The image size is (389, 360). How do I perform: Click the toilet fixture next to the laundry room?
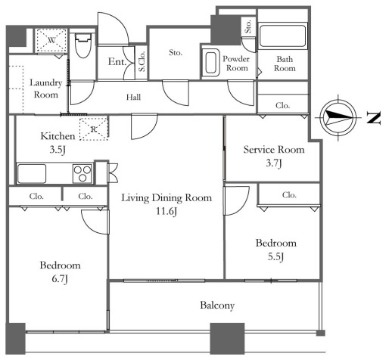(83, 45)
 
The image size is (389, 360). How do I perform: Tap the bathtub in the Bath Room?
(282, 36)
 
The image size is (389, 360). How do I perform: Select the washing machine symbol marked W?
(51, 40)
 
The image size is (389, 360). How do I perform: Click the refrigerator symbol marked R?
(94, 129)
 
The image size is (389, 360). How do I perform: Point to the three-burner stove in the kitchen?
(82, 174)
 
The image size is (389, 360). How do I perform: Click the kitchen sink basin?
(32, 174)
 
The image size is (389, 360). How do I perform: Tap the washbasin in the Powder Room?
(211, 62)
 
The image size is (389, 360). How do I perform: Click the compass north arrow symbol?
(338, 117)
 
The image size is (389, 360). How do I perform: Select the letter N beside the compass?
(373, 118)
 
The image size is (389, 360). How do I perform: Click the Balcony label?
(217, 306)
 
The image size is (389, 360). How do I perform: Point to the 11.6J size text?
(166, 211)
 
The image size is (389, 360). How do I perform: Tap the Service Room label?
(274, 150)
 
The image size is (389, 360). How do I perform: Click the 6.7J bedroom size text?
(60, 279)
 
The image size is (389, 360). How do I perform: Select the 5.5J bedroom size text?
(275, 257)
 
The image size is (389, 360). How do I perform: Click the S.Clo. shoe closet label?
(142, 61)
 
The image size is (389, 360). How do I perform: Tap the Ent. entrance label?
(117, 62)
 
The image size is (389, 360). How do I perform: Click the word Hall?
(133, 97)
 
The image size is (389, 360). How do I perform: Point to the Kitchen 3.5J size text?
(58, 150)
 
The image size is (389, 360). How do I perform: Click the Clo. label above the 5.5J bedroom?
(289, 195)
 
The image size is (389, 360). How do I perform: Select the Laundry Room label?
(46, 88)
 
